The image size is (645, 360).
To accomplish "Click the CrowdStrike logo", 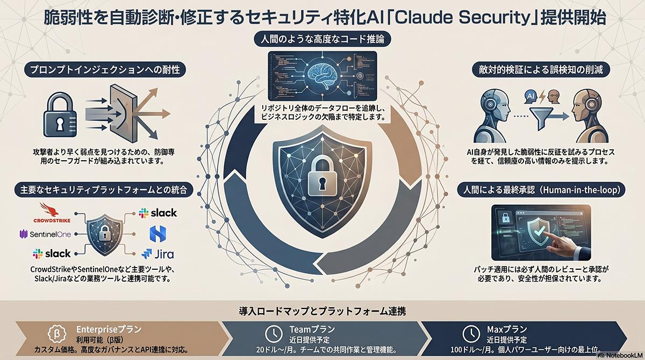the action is coord(52,213).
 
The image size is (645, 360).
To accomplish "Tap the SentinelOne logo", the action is coord(45,234).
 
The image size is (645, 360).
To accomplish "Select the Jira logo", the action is coord(158,254).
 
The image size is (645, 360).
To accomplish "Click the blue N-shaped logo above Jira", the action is coord(158,234).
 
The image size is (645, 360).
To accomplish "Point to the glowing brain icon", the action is coord(322,76).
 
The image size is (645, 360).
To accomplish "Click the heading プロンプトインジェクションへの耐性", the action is coord(105,70).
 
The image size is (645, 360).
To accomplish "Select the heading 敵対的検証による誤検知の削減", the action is coord(541,70).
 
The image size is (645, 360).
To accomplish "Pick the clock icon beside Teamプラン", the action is coord(273,334).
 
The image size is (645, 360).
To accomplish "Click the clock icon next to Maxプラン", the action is coord(471,334).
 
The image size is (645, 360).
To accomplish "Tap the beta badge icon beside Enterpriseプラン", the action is coord(57,334).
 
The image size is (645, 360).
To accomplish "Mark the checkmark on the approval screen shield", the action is coord(539,229).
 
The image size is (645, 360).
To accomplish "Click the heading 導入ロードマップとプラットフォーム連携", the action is coord(322,311).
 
